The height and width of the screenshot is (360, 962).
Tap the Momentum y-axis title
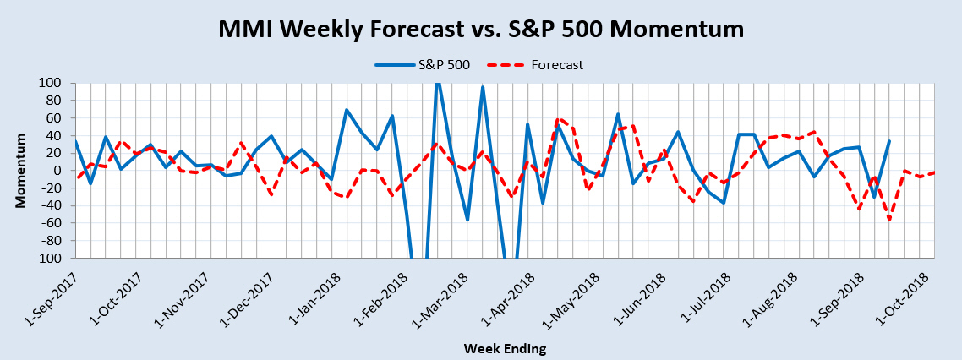[x=21, y=170]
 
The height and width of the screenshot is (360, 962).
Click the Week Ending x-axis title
[x=505, y=349]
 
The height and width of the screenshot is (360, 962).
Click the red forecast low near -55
[x=889, y=220]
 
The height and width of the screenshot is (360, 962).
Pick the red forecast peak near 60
[x=558, y=119]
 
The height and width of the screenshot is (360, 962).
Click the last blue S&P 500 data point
[x=889, y=140]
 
